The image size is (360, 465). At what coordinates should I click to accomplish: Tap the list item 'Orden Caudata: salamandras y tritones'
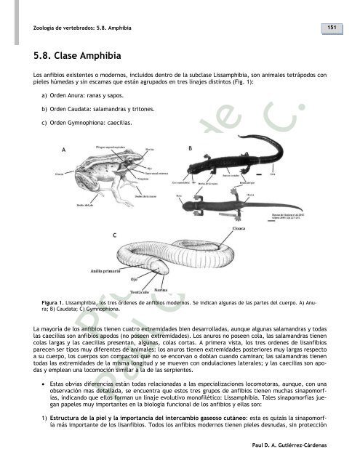(99, 108)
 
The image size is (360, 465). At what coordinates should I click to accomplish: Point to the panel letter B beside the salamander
(190, 147)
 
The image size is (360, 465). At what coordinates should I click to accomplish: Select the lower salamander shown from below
(255, 207)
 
